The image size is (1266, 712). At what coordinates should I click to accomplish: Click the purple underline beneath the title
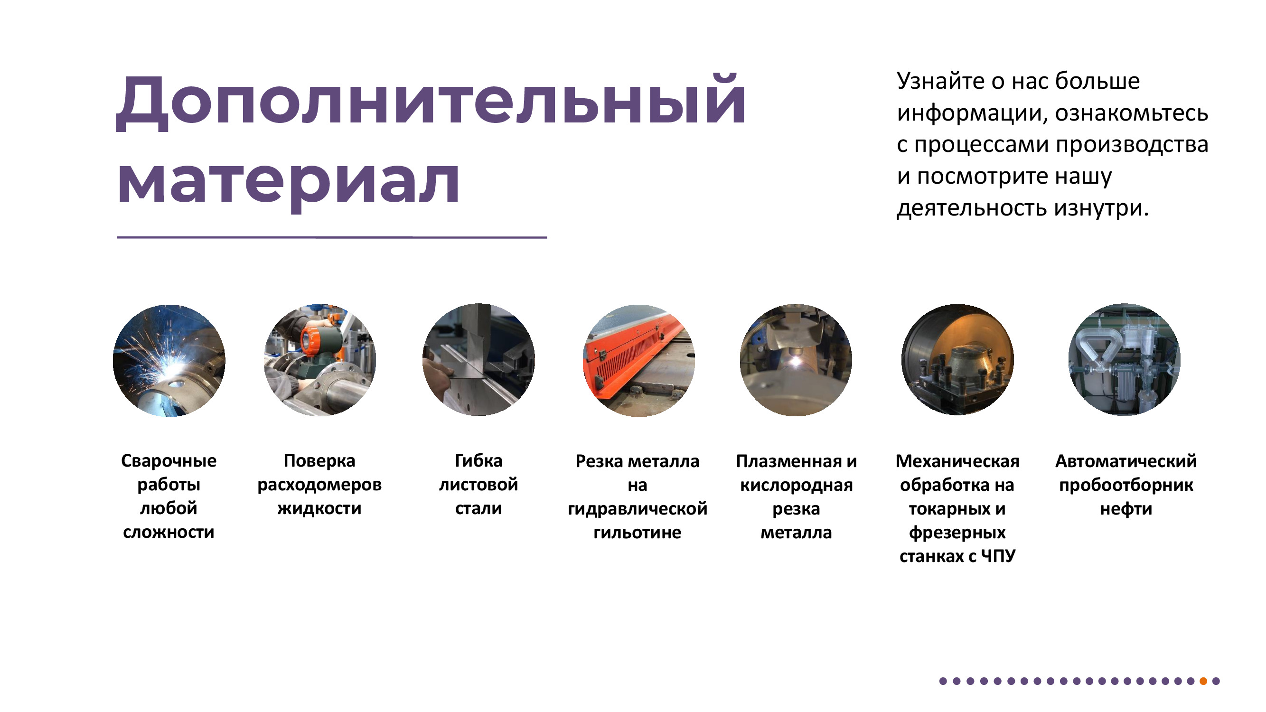point(332,237)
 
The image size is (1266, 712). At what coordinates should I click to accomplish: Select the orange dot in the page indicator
point(1203,681)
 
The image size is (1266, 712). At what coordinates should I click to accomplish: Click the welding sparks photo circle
point(169,361)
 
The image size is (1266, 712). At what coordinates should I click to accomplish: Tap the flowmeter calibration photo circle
point(320,360)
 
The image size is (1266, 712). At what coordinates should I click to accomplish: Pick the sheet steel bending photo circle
point(478,360)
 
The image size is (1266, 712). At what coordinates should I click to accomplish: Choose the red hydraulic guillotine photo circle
point(638,361)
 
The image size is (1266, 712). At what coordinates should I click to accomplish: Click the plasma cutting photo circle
point(796,360)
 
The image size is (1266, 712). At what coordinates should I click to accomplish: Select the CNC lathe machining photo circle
point(957,360)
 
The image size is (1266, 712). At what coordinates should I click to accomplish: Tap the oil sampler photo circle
point(1125,360)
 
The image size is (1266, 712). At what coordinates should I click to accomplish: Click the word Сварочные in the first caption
point(169,461)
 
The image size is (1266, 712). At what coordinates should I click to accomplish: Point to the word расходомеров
point(319,485)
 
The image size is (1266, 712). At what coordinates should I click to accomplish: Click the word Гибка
point(478,460)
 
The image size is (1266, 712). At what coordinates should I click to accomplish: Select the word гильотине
point(638,532)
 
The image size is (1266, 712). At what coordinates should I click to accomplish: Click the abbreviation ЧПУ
point(998,556)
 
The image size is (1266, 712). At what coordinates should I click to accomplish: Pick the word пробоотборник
point(1126,485)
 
